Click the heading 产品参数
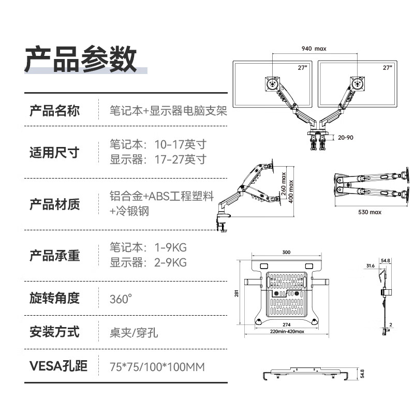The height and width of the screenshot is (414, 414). pyautogui.click(x=81, y=58)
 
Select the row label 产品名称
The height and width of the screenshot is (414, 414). pyautogui.click(x=54, y=111)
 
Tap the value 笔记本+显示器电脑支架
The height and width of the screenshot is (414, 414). pyautogui.click(x=168, y=111)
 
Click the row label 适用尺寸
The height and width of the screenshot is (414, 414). pyautogui.click(x=54, y=153)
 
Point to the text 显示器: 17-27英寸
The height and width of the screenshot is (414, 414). pyautogui.click(x=158, y=159)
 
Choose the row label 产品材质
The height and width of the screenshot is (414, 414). pyautogui.click(x=54, y=204)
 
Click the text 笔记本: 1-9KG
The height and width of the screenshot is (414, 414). pyautogui.click(x=148, y=247)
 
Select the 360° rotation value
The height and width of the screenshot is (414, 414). pyautogui.click(x=121, y=299)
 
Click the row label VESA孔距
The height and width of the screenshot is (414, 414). pyautogui.click(x=58, y=366)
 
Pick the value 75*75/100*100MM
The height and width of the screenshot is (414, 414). pyautogui.click(x=157, y=367)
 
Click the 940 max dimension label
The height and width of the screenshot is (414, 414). pyautogui.click(x=314, y=49)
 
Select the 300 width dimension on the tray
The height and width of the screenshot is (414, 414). pyautogui.click(x=287, y=252)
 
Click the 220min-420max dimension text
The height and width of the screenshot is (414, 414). pyautogui.click(x=287, y=332)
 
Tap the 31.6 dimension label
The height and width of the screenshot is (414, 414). pyautogui.click(x=369, y=265)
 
